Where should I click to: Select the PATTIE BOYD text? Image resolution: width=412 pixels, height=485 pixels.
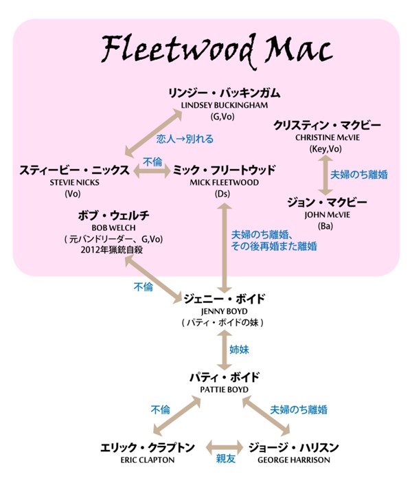[225, 390]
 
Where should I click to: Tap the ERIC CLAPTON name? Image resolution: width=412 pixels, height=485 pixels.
[146, 460]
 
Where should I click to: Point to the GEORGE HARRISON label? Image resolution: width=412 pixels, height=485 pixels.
[292, 460]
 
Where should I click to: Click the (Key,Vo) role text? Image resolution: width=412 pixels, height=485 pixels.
[325, 149]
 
